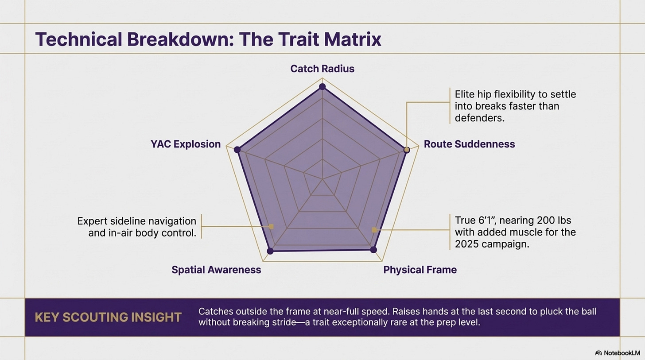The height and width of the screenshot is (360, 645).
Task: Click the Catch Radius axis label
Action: (x=322, y=69)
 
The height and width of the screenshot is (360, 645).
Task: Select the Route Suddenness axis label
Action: (x=469, y=144)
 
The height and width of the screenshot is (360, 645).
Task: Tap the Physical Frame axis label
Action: (x=420, y=270)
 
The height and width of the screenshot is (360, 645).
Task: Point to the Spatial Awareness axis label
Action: (x=216, y=270)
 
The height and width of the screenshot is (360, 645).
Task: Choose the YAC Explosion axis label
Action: (x=185, y=144)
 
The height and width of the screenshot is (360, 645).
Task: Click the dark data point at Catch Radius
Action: (x=322, y=86)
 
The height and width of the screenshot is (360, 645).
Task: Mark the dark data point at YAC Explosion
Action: (x=237, y=150)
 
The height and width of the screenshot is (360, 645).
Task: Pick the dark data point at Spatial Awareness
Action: (x=271, y=251)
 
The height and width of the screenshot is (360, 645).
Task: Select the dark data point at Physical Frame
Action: (x=373, y=250)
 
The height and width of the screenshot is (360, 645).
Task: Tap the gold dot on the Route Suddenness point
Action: (x=406, y=150)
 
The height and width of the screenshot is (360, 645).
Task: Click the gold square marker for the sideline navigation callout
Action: (x=272, y=226)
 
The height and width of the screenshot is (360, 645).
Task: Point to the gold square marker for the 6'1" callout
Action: (x=374, y=230)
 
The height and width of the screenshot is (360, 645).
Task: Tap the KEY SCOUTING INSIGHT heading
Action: (x=108, y=317)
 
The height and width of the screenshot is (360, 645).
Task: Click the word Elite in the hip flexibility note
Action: (x=465, y=94)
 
